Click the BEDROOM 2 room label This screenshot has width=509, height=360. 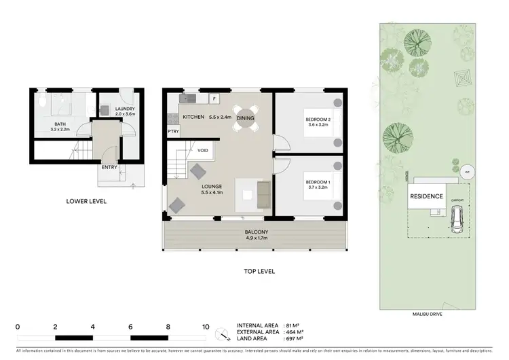318,120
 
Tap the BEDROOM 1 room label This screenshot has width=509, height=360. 318,182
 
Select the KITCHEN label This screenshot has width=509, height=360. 193,118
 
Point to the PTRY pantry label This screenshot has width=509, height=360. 174,132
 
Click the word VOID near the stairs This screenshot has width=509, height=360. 203,150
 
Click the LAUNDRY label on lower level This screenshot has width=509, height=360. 126,109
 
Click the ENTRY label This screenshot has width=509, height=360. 109,166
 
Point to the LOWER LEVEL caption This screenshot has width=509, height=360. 86,202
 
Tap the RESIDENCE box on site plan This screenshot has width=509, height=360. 426,197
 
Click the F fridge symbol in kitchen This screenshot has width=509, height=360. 214,99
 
